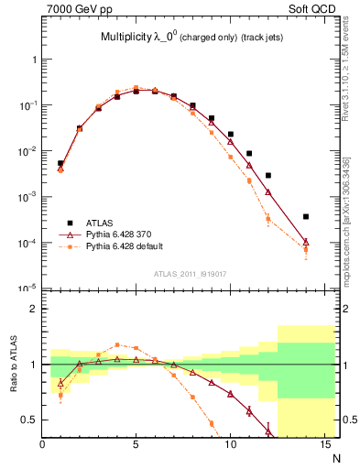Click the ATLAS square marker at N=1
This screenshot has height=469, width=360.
(x=60, y=163)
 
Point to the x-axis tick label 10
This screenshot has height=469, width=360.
(x=229, y=445)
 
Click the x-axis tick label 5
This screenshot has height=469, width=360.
(x=136, y=445)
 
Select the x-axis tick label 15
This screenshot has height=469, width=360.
(x=322, y=445)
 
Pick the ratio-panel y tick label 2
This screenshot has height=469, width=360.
(x=33, y=309)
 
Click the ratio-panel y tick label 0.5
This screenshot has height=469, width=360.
(x=29, y=420)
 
